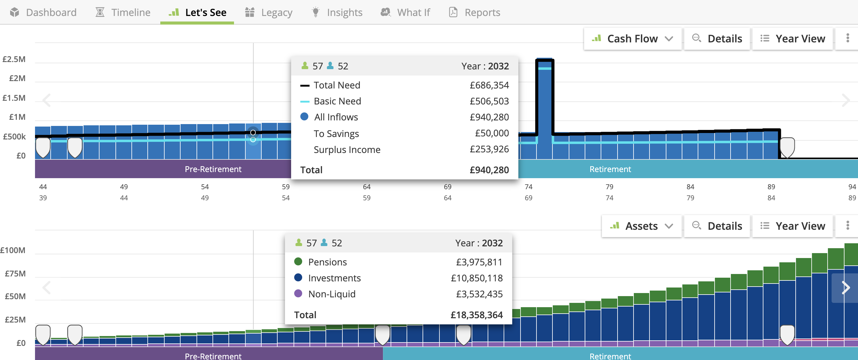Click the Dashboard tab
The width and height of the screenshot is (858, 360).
[x=43, y=12]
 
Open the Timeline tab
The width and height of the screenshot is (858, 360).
[x=123, y=12]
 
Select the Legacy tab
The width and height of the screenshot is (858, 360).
[x=269, y=12]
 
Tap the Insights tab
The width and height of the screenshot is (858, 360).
[x=337, y=12]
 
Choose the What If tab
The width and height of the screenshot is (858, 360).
[x=405, y=12]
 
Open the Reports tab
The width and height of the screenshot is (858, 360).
[x=475, y=12]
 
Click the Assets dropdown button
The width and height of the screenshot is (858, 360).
[x=641, y=226]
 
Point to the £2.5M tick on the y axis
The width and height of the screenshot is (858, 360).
[x=14, y=59]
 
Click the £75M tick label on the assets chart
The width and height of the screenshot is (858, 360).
[x=15, y=273]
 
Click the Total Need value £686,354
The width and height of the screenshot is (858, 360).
[x=489, y=85]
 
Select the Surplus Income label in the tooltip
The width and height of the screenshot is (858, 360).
[x=347, y=150]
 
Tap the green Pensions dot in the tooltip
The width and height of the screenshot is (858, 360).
[x=298, y=262]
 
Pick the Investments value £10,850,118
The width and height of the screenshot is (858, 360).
[x=477, y=278]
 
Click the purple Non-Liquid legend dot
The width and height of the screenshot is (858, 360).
[x=298, y=294]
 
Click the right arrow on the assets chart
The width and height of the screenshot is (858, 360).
[x=845, y=288]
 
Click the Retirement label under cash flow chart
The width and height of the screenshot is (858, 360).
[x=610, y=169]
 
